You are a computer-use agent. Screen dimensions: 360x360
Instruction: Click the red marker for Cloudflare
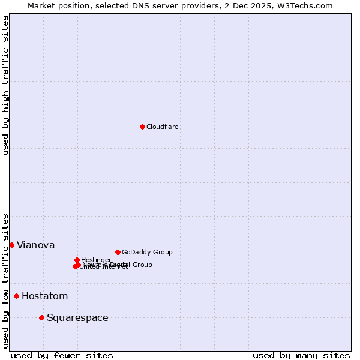tap(142, 127)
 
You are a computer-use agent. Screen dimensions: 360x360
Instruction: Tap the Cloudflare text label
tap(163, 127)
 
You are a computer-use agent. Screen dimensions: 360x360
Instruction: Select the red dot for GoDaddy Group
tap(118, 252)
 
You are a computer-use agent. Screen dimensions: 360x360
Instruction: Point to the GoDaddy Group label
tap(147, 252)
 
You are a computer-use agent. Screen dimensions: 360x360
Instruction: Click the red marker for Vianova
tap(11, 245)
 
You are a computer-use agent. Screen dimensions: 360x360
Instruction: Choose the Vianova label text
tap(35, 245)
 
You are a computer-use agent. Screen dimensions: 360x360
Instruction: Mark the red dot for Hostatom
tap(16, 296)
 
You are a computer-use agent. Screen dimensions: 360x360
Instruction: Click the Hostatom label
tap(44, 296)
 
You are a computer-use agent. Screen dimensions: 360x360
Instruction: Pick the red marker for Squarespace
tap(41, 317)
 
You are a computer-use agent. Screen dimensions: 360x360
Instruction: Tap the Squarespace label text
tap(77, 317)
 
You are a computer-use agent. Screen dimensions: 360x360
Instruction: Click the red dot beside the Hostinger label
tap(77, 260)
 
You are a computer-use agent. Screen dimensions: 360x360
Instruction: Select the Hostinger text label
tap(97, 260)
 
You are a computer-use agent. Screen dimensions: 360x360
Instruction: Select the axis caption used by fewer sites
tap(62, 355)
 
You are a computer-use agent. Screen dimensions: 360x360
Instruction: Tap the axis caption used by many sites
tap(301, 355)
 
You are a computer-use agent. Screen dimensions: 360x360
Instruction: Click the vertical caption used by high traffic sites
tap(5, 85)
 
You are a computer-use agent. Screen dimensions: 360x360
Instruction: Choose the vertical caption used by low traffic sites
tap(5, 281)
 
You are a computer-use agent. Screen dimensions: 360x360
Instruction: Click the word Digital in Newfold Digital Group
tap(119, 265)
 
